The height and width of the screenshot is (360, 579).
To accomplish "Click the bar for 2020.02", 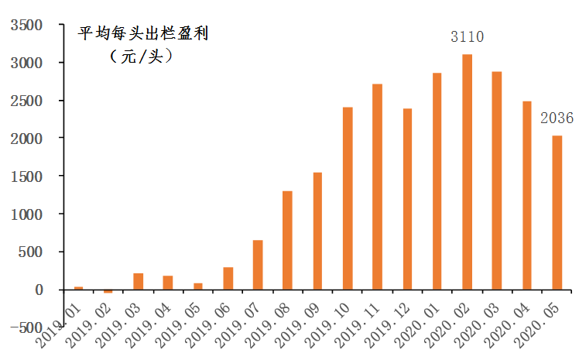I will click(x=467, y=172).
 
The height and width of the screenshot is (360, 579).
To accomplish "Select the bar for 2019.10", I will click(x=348, y=198).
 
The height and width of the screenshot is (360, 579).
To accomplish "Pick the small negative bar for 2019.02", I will click(x=108, y=291).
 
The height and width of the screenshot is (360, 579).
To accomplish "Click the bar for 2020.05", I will click(x=557, y=212).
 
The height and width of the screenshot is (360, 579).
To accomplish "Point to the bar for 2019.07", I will click(x=258, y=265).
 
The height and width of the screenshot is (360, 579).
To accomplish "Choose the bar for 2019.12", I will click(x=407, y=199).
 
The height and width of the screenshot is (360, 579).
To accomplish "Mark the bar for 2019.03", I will click(x=138, y=282).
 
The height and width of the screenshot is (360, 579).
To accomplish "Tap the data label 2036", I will click(x=557, y=118).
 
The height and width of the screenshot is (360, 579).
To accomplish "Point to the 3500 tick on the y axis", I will click(x=27, y=26).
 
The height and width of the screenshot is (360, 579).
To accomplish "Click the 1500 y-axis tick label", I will click(x=27, y=177).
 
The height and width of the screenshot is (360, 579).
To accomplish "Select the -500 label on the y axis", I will click(x=25, y=328).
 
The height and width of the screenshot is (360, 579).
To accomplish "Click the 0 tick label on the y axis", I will click(x=38, y=290).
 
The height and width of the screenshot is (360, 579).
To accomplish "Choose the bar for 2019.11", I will click(x=377, y=187).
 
